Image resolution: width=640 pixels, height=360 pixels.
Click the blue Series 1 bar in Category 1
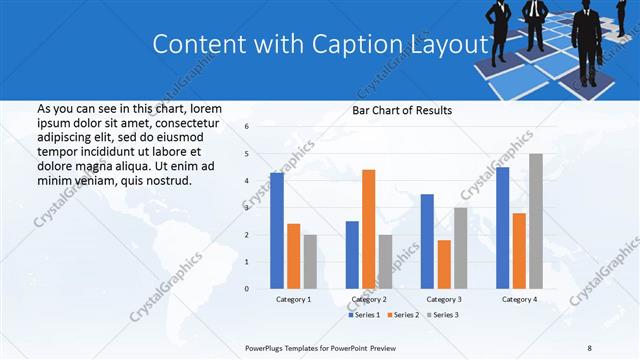tap(277, 230)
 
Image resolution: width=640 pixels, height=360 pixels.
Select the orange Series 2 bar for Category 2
tap(368, 229)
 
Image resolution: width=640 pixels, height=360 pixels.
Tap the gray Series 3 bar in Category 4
tap(536, 221)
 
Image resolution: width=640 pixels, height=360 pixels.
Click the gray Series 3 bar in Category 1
tap(310, 261)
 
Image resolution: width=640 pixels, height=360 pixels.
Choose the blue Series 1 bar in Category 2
tap(352, 254)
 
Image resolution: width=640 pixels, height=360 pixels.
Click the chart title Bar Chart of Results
tap(402, 110)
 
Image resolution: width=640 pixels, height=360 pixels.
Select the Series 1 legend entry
tap(365, 315)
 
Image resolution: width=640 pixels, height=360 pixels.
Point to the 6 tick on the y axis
tap(247, 127)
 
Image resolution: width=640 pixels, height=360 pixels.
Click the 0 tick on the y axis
tap(247, 288)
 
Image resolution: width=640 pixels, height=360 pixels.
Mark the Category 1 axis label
tap(293, 299)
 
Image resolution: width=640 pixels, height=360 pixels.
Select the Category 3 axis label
tap(443, 299)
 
